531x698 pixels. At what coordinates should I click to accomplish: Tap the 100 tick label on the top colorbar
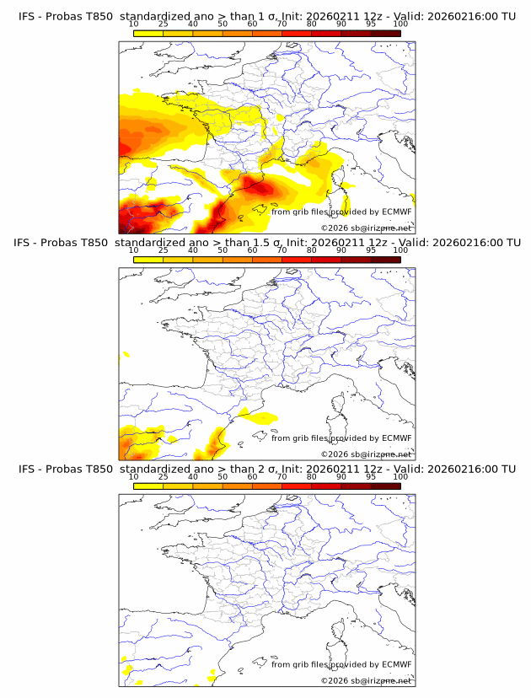[400, 24]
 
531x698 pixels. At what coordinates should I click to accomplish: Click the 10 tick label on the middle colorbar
[133, 250]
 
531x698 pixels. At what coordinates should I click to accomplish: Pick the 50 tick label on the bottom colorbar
[223, 477]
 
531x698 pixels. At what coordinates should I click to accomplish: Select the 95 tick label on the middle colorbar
[371, 250]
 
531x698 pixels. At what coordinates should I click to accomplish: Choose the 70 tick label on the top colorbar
[282, 24]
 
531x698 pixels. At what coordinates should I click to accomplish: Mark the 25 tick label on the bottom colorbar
[163, 477]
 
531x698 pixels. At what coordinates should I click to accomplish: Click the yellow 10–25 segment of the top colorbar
[148, 34]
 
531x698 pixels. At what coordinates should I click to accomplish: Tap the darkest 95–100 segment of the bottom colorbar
[385, 486]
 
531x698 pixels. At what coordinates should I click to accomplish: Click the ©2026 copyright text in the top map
[366, 228]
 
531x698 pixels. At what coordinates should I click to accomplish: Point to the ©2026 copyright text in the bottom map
[366, 680]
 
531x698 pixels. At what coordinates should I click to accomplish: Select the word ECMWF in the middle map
[396, 438]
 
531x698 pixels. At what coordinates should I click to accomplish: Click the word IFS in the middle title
[26, 243]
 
